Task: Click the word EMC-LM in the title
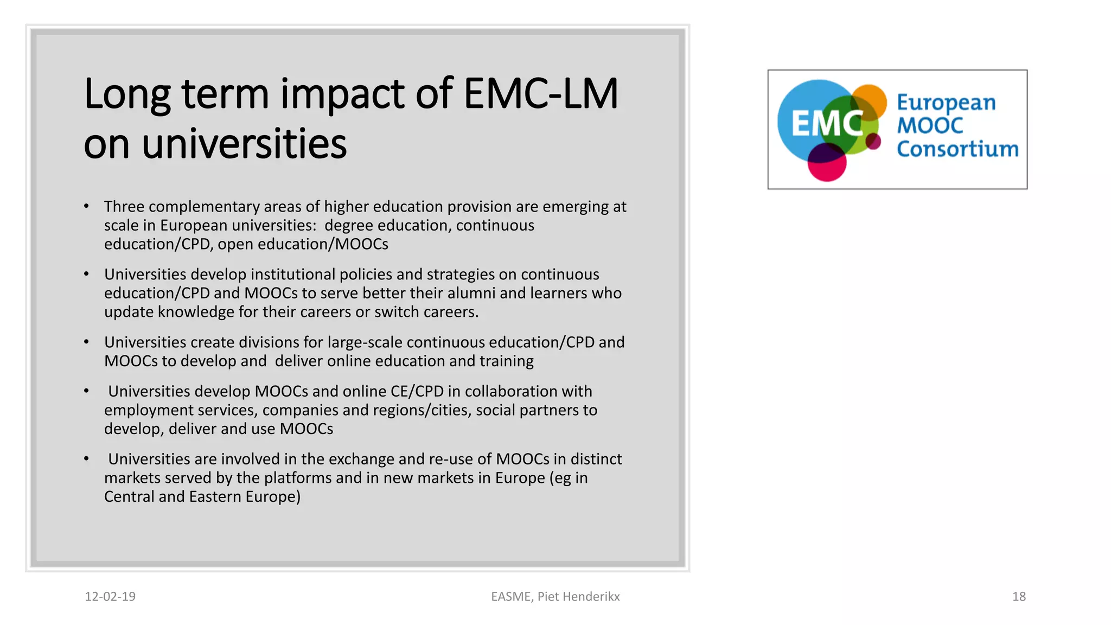coord(540,94)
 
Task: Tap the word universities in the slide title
coord(244,144)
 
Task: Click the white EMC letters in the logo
coord(826,124)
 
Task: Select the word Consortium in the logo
coord(957,149)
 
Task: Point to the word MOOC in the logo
coord(930,126)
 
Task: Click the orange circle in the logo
coord(869,100)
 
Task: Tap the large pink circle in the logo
coord(827,163)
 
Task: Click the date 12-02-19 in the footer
coord(110,597)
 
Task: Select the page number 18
coord(1019,597)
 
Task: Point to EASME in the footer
coord(511,597)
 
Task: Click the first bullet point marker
coord(86,207)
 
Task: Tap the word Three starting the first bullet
coord(124,207)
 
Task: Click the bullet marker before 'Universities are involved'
coord(86,459)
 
